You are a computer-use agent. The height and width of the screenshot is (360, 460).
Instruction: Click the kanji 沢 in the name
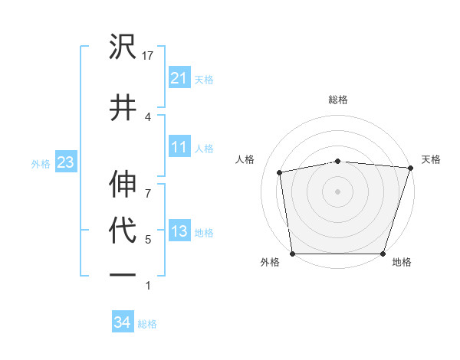pyautogui.click(x=123, y=47)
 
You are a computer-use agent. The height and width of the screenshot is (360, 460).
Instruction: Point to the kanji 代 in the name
pyautogui.click(x=123, y=231)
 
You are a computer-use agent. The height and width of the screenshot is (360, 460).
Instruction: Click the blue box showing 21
pyautogui.click(x=179, y=77)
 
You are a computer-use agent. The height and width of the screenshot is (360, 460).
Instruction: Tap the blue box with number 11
pyautogui.click(x=179, y=147)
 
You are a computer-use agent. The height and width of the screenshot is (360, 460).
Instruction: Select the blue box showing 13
pyautogui.click(x=179, y=231)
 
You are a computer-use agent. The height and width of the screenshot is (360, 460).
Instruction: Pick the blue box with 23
pyautogui.click(x=65, y=162)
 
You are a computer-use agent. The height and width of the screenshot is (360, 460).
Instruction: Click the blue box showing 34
pyautogui.click(x=122, y=322)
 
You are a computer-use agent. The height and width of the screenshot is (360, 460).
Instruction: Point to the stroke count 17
pyautogui.click(x=149, y=56)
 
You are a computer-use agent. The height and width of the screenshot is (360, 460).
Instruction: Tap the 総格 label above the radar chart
pyautogui.click(x=338, y=100)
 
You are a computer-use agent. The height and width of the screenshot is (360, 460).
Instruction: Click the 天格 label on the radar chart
pyautogui.click(x=431, y=159)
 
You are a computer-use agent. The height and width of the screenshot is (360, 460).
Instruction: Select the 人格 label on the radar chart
pyautogui.click(x=245, y=159)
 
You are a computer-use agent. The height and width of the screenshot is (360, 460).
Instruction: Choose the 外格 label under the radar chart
pyautogui.click(x=270, y=263)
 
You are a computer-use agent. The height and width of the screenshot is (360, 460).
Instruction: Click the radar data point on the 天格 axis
pyautogui.click(x=411, y=168)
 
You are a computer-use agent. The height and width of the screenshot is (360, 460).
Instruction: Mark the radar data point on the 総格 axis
pyautogui.click(x=338, y=161)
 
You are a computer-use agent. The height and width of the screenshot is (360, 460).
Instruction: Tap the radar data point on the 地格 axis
pyautogui.click(x=383, y=254)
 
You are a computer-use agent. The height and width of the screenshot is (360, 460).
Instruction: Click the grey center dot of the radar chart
pyautogui.click(x=338, y=191)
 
